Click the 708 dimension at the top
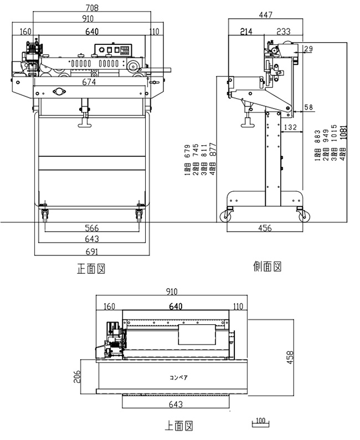point(92,7)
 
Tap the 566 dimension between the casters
point(92,228)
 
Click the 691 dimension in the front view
point(92,250)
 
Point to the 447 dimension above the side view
point(265,16)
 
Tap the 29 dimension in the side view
point(308,49)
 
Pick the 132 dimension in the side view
point(289,127)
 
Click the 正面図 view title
point(91,269)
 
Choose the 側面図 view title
point(268,267)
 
